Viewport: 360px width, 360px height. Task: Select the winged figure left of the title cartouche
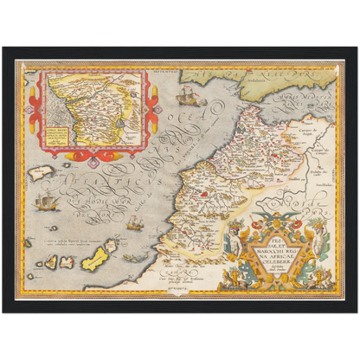pyautogui.click(x=233, y=241)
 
